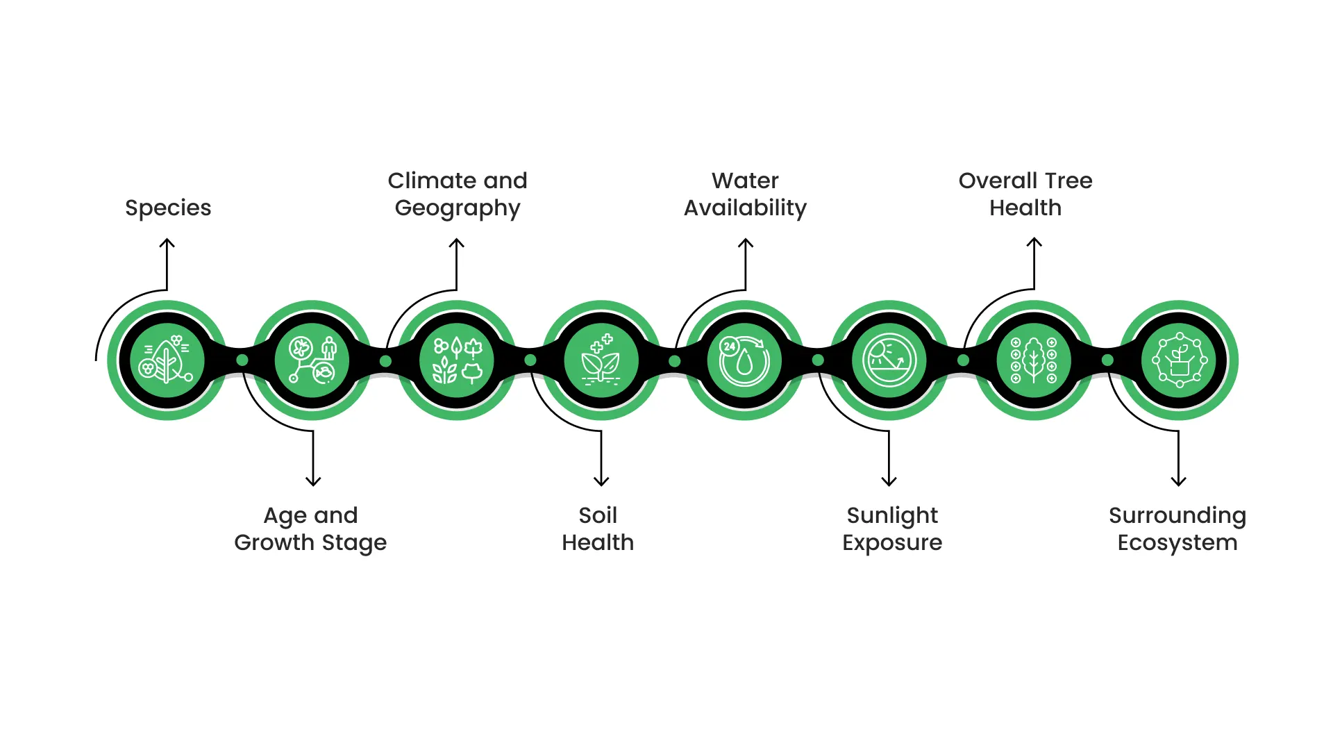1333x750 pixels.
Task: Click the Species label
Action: coord(168,208)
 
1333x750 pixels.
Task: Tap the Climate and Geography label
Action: coord(458,194)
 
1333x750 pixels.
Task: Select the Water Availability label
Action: coord(745,194)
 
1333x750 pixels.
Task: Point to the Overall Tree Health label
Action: coord(1025,194)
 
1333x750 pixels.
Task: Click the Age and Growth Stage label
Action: coord(310,528)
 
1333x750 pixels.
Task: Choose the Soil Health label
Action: coord(598,528)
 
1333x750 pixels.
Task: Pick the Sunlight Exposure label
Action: coord(892,528)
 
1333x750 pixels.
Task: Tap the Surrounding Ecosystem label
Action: coord(1177,528)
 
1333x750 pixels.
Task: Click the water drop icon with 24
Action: coord(744,360)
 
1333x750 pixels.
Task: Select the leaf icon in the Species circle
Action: coord(167,360)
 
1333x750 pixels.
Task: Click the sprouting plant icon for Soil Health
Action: coord(601,360)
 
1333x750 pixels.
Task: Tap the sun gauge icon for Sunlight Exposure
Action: coord(889,360)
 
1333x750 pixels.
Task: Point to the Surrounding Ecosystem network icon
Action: coord(1179,360)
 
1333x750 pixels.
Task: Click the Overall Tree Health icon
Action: coord(1034,360)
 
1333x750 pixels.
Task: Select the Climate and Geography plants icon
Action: coord(457,360)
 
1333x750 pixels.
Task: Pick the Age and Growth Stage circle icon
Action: coord(312,360)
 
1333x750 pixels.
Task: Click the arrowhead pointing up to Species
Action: coord(167,243)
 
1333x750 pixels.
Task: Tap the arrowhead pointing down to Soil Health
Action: coord(601,481)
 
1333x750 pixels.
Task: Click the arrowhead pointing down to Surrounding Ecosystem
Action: coord(1178,481)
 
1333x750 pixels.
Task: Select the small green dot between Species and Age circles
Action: coord(242,360)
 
